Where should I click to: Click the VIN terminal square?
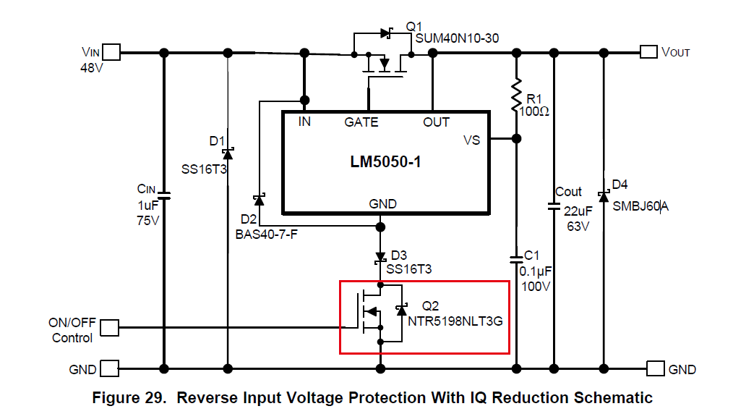coord(111,52)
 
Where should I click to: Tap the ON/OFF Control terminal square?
coord(109,328)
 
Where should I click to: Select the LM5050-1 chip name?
coord(385,162)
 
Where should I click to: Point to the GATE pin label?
coord(361,122)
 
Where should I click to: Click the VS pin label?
coord(471,140)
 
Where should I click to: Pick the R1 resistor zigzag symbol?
coord(516,96)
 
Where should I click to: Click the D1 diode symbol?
coord(228,153)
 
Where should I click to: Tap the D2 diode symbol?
coord(258,199)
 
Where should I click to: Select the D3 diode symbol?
coord(380,257)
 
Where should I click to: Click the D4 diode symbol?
coord(603,196)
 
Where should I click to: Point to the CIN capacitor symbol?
coord(164,195)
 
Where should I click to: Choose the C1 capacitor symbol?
coord(516,258)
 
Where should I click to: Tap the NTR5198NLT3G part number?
coord(455,321)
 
